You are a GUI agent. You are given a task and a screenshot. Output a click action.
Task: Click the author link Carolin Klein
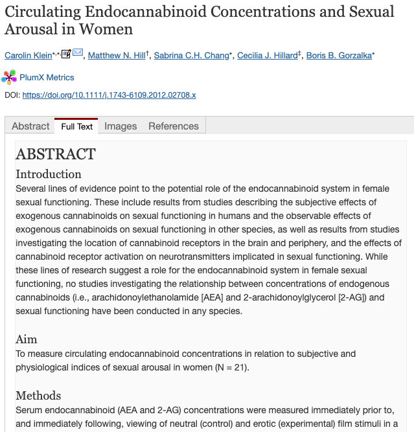tap(29, 56)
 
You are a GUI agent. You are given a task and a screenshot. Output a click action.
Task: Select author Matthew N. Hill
tap(117, 56)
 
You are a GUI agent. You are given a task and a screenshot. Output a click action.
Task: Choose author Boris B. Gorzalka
tap(339, 56)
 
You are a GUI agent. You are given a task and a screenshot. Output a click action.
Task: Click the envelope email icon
tap(78, 53)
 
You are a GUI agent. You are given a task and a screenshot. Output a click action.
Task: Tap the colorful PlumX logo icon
tap(9, 78)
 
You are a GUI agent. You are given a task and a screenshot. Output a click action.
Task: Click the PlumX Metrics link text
tap(47, 78)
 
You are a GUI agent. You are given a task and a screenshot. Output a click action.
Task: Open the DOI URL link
tap(109, 95)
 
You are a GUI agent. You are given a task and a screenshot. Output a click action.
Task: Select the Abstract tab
tap(30, 126)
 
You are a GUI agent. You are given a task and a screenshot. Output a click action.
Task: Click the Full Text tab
tap(77, 126)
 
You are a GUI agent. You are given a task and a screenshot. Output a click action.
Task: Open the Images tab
tap(121, 126)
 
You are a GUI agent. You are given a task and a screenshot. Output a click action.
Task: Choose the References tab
tap(174, 126)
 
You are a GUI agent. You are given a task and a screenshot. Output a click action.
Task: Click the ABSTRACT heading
tap(56, 154)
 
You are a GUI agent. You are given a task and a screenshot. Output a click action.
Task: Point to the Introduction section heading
tap(49, 174)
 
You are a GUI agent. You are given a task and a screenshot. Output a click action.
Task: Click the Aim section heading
tap(27, 339)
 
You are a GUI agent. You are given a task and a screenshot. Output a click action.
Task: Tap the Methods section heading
tap(38, 396)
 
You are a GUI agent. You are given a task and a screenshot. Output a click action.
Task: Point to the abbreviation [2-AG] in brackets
tap(353, 297)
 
